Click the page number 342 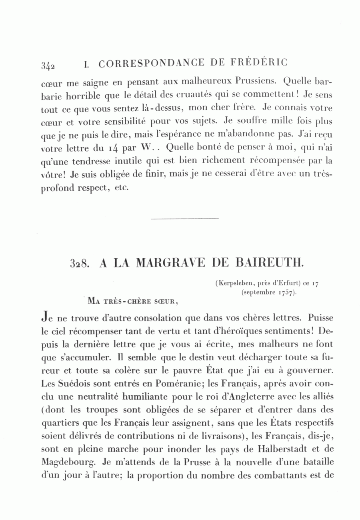(48, 66)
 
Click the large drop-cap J (45, 319)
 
